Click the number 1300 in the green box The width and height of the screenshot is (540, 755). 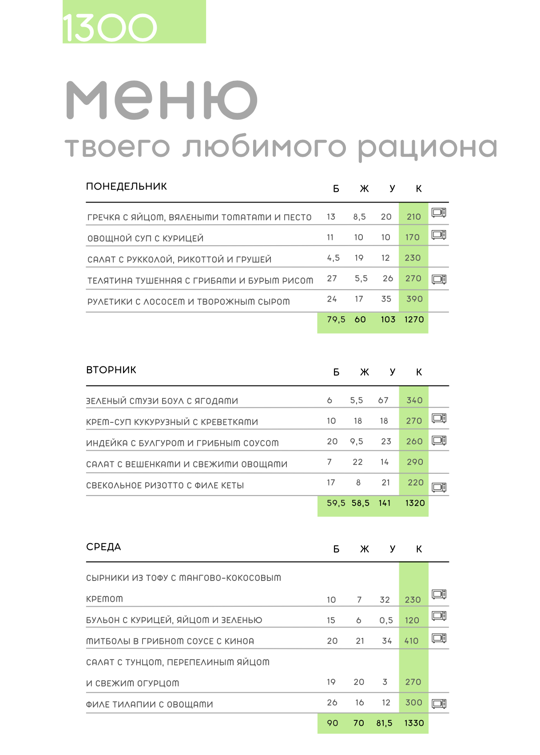click(110, 28)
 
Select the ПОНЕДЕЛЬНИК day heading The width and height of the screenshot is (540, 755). click(127, 187)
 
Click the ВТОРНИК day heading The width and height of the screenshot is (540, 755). click(111, 370)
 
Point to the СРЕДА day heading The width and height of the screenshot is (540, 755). click(103, 547)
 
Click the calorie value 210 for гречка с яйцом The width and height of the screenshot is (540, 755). click(413, 217)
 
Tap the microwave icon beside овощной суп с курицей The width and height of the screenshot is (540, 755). click(439, 234)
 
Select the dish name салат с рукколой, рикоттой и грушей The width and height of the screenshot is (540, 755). click(179, 259)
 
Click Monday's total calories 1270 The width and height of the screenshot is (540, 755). click(414, 319)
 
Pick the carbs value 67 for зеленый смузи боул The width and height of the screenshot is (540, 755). click(383, 400)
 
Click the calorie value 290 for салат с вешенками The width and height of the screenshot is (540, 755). click(415, 462)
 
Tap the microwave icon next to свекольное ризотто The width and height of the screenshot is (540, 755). click(439, 487)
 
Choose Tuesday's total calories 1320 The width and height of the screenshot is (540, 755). click(415, 503)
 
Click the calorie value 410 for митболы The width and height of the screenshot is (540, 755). click(412, 641)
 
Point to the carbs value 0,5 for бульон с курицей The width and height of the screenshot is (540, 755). click(386, 620)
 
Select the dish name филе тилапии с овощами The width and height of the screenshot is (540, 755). click(150, 704)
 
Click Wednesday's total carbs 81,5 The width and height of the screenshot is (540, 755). click(384, 723)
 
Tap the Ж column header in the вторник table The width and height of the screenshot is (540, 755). click(364, 372)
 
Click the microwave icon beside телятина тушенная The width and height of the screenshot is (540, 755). click(439, 279)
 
